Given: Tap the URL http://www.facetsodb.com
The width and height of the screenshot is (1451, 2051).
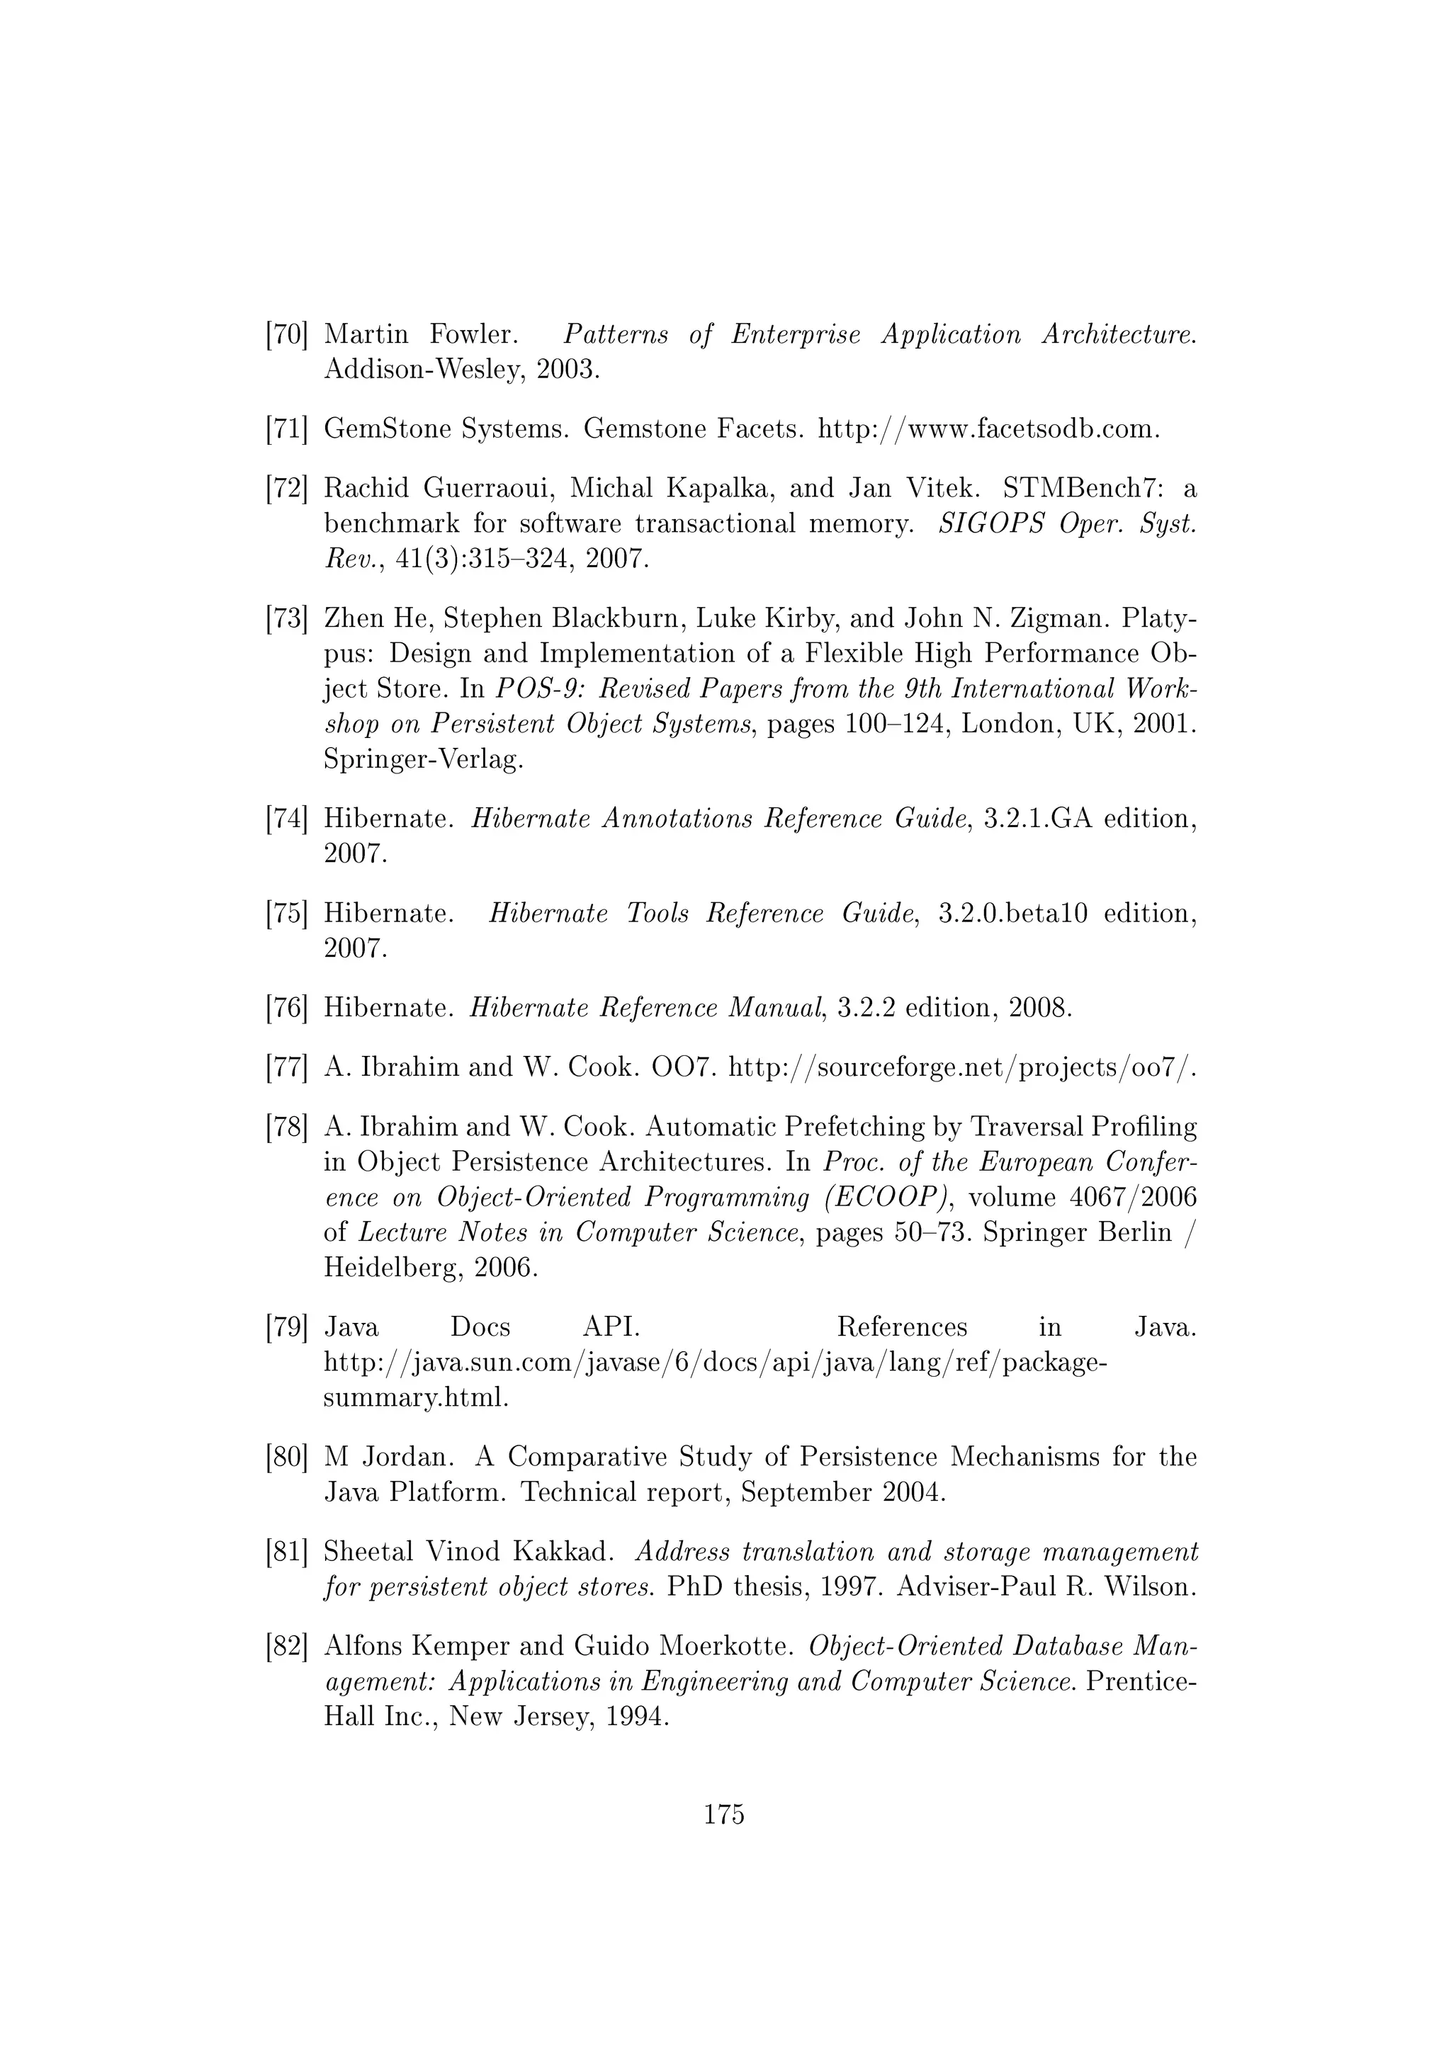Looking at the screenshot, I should click(x=989, y=430).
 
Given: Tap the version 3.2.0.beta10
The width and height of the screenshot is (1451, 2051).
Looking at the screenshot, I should click(x=1013, y=914).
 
